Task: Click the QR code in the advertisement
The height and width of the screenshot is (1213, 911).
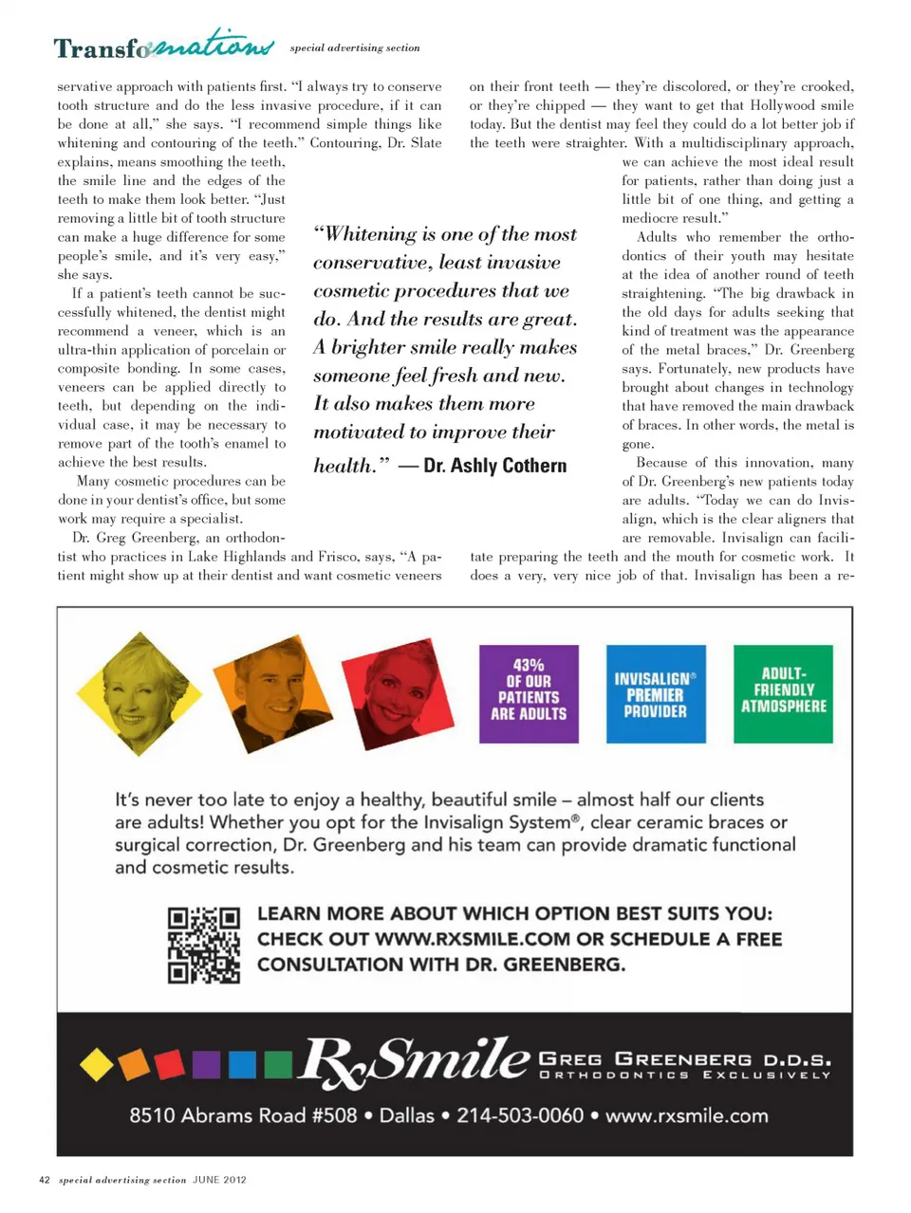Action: [x=203, y=945]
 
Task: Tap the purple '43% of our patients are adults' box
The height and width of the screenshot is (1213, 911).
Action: [x=529, y=694]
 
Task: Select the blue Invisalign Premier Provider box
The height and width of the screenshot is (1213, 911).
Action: [x=656, y=694]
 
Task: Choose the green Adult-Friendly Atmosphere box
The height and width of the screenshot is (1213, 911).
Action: [x=783, y=692]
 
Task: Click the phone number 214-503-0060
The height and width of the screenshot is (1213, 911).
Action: [x=520, y=1115]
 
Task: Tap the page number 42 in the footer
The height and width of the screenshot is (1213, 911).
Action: [x=44, y=1180]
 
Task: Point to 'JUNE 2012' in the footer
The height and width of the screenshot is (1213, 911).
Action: [x=219, y=1180]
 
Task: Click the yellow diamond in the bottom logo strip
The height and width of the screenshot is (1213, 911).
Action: [x=96, y=1064]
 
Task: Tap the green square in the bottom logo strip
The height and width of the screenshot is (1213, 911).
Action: [x=278, y=1064]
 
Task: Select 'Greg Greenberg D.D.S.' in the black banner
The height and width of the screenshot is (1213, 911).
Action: [x=684, y=1058]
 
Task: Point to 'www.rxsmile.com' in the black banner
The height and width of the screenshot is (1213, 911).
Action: [x=687, y=1115]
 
